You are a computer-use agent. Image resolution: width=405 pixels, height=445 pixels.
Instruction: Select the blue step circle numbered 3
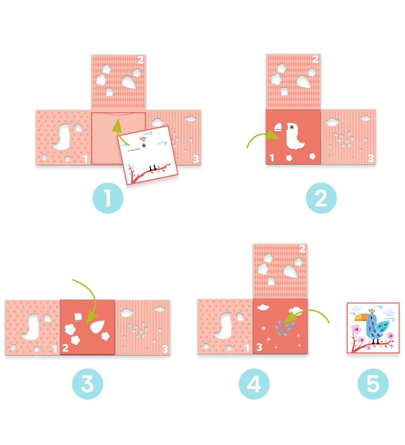tap(87, 384)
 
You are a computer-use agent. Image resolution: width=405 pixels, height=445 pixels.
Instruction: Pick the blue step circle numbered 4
tap(254, 384)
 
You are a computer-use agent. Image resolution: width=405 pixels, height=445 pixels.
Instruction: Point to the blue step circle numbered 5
tap(373, 384)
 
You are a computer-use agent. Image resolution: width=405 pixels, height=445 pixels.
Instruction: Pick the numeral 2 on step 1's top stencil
tap(141, 61)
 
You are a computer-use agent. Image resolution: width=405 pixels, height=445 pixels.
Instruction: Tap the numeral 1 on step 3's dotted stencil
tap(54, 348)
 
